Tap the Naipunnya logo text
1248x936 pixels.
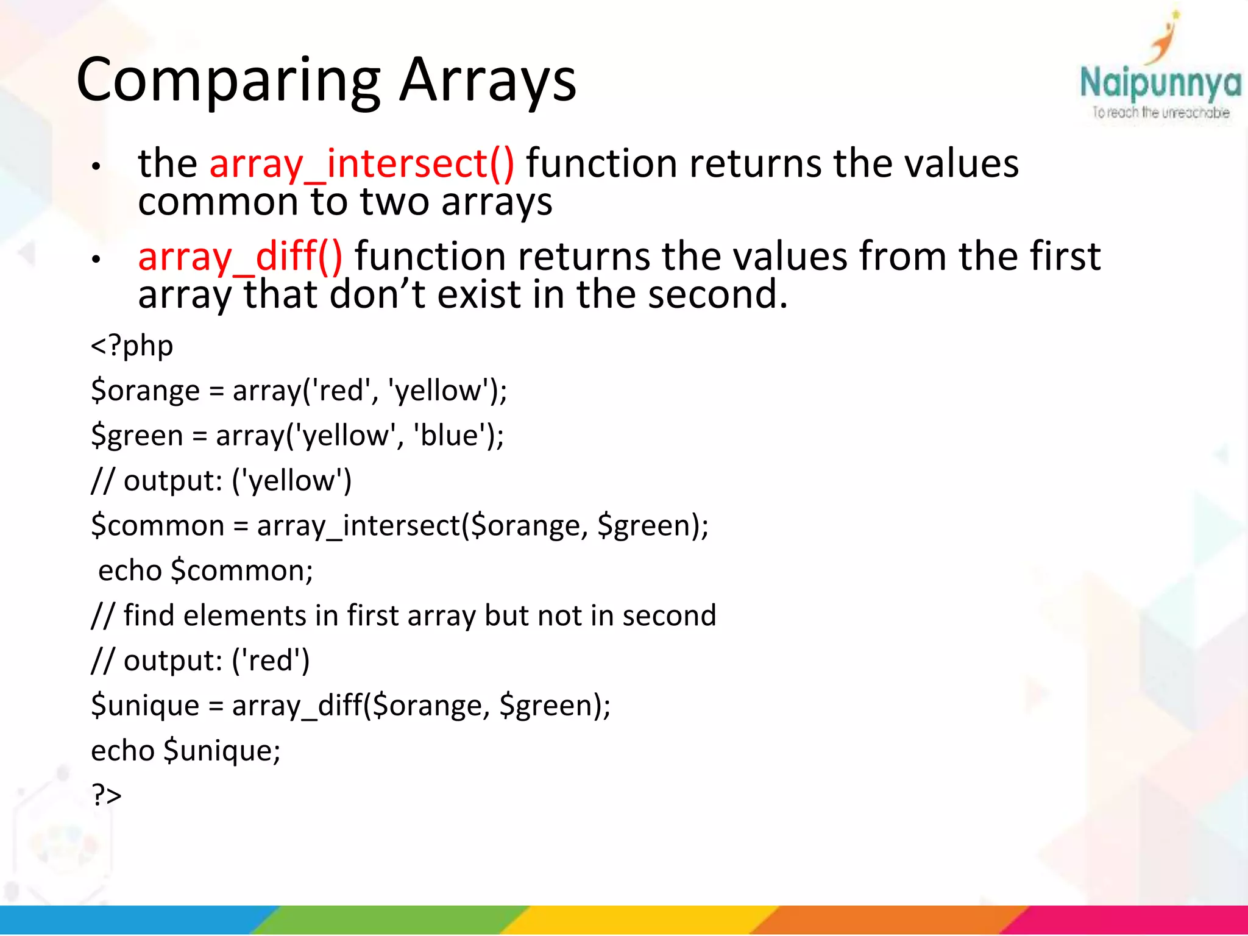[x=1160, y=84]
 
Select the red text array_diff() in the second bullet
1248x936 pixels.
[x=240, y=257]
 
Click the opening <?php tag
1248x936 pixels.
[x=132, y=346]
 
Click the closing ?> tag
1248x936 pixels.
[x=107, y=795]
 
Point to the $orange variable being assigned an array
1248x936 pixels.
[x=145, y=391]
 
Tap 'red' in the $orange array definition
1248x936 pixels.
[x=341, y=391]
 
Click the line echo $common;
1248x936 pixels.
[x=205, y=571]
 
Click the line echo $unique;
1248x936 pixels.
[x=186, y=750]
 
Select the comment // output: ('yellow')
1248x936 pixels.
[x=221, y=481]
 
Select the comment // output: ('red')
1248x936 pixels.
[x=200, y=661]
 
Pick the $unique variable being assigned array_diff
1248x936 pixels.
[x=145, y=706]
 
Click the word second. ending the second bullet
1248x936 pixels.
[x=717, y=294]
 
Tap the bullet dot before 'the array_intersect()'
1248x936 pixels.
[x=96, y=166]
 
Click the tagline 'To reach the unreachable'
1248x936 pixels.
[x=1160, y=113]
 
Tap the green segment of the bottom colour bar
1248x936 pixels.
[x=390, y=920]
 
